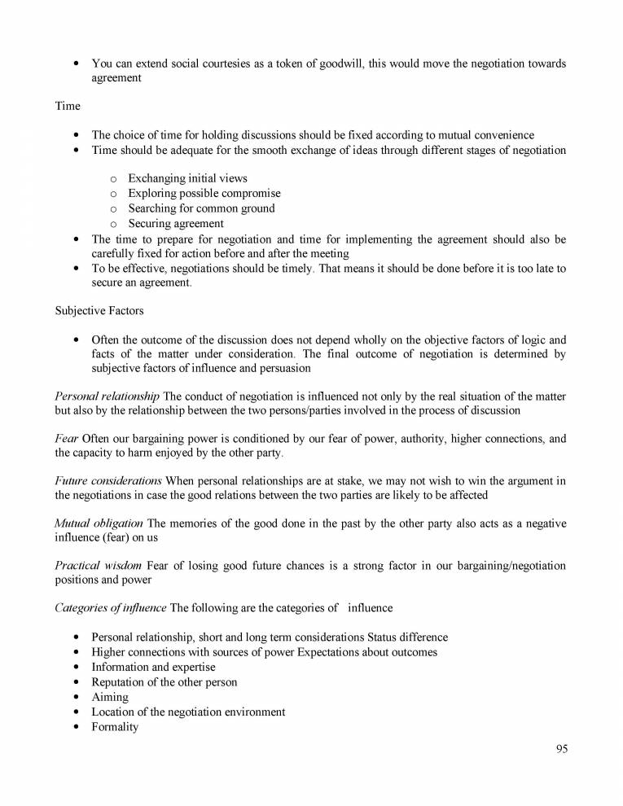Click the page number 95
561,750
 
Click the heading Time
68,106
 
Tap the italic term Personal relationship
107,396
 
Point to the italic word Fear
67,439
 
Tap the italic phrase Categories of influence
110,607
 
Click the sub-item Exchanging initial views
187,178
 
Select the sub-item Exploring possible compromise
204,193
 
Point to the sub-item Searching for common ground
201,208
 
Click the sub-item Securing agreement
175,223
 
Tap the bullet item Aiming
110,697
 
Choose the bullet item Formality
115,727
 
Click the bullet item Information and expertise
153,667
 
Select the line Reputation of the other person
164,682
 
